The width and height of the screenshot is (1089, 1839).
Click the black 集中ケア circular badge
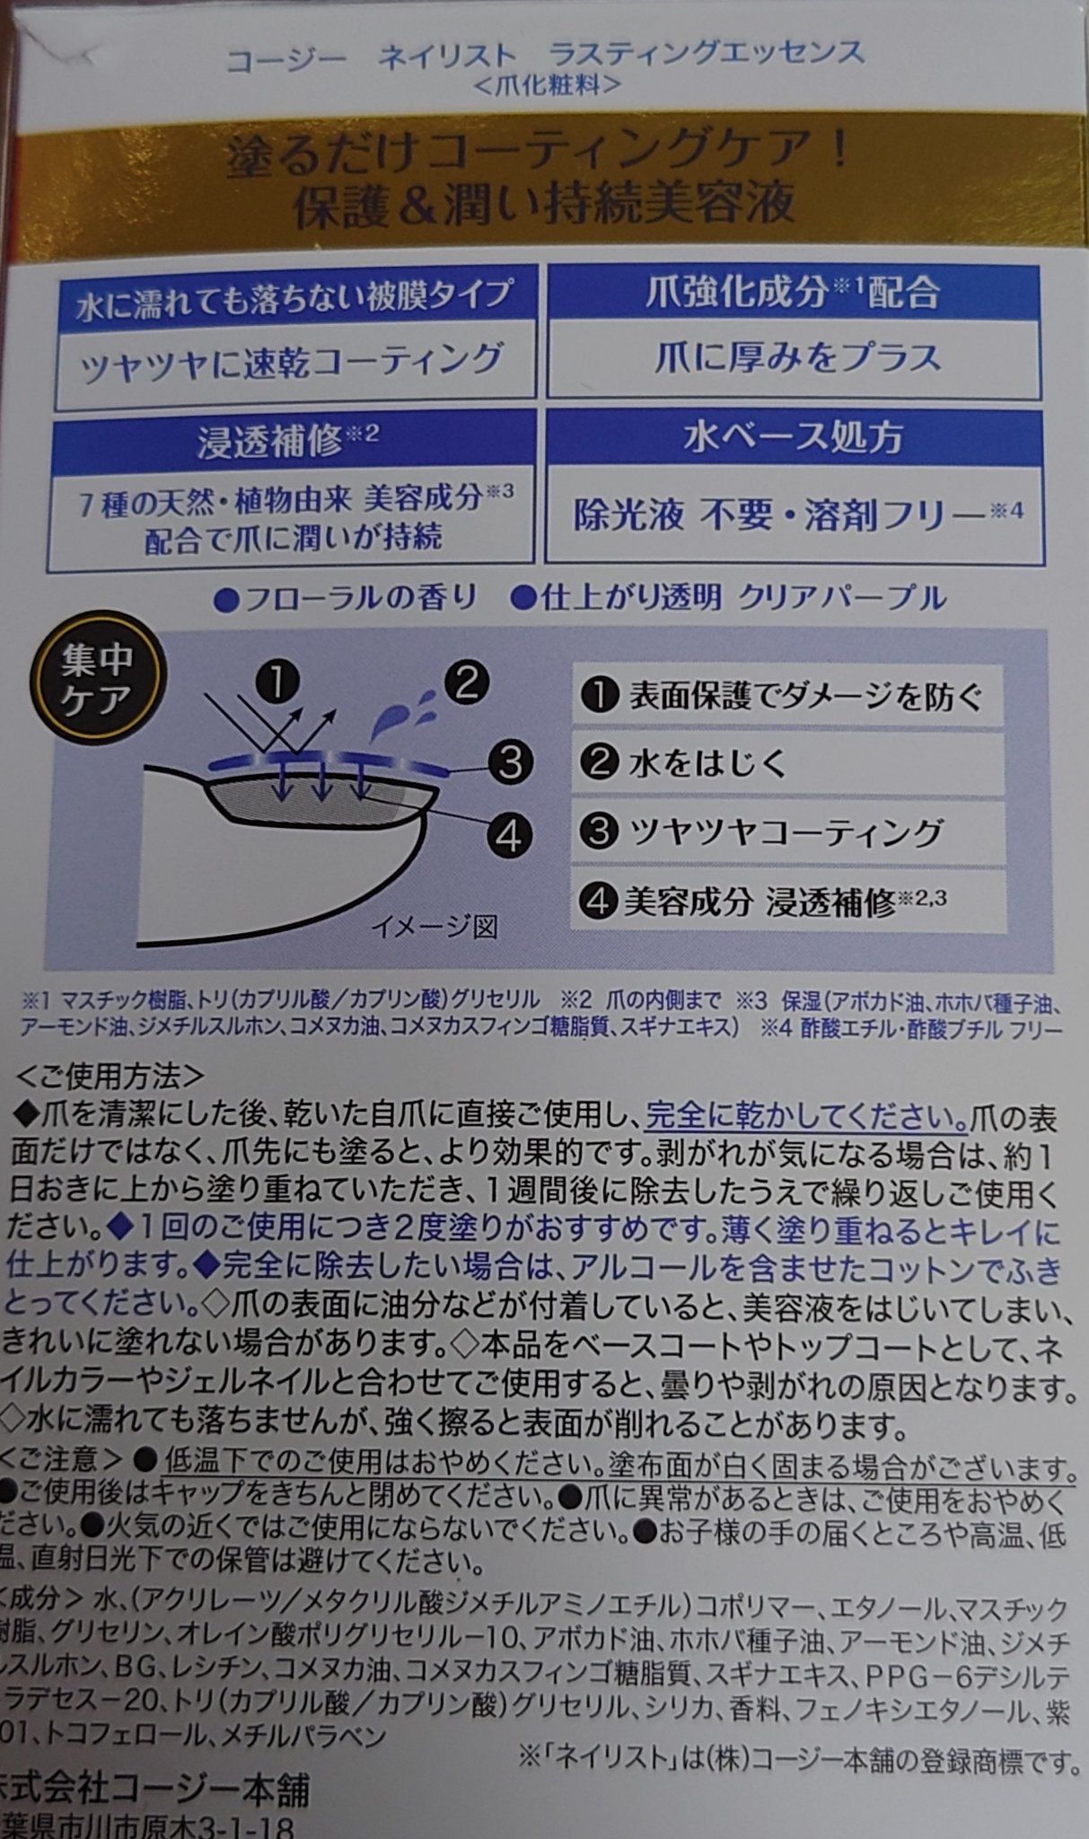tap(97, 679)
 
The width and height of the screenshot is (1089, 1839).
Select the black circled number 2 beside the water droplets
tap(465, 682)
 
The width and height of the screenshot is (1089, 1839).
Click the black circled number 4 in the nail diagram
tap(509, 836)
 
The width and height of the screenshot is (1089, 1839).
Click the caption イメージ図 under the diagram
tap(435, 927)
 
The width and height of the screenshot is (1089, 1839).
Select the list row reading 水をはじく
tap(786, 763)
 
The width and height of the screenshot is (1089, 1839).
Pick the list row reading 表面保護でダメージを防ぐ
tap(786, 696)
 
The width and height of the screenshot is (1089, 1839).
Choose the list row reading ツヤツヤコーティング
tap(786, 832)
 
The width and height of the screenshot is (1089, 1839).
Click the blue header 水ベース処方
tap(794, 437)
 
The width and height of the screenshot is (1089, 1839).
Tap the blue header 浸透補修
tap(289, 440)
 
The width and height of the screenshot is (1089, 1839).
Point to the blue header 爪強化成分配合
tap(794, 292)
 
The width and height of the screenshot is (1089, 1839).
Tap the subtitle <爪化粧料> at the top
tap(546, 85)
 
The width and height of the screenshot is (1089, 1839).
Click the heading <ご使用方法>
tap(110, 1076)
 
